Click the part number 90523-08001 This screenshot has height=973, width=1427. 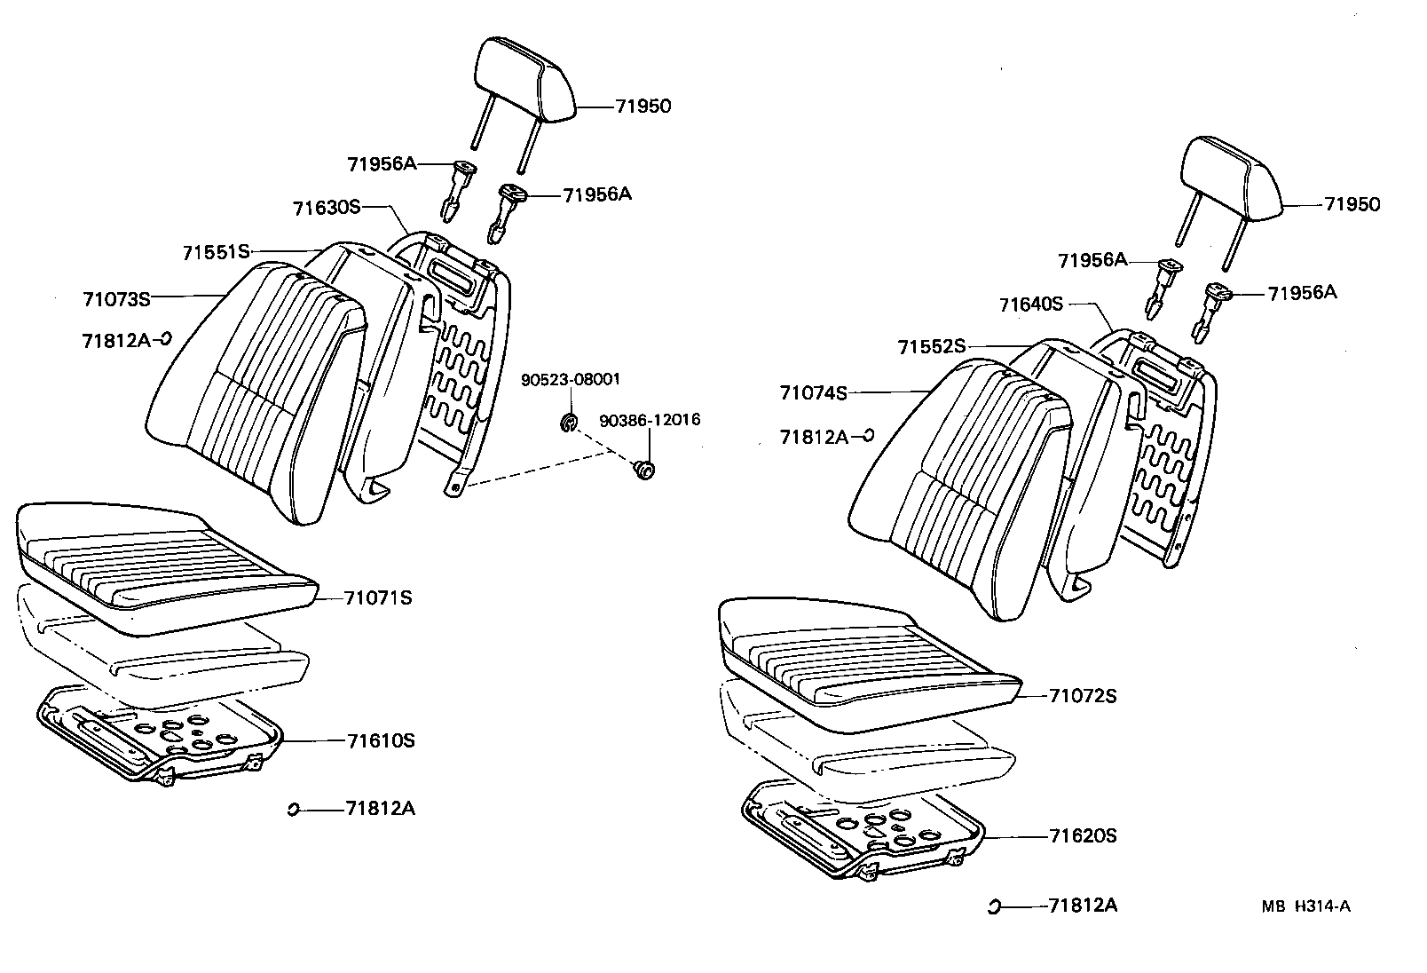coord(570,379)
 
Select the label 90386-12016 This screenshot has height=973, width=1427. coord(650,419)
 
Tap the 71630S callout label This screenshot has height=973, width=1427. coord(327,208)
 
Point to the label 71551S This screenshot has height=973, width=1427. coord(217,252)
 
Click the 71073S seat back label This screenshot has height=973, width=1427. coord(116,299)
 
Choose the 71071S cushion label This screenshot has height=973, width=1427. coord(379,597)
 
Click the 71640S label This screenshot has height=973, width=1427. coord(1030,305)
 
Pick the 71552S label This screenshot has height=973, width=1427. coord(930,347)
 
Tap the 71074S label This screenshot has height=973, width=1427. coord(813,392)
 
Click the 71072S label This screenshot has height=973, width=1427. coord(1083,695)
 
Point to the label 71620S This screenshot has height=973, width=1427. coord(1083,835)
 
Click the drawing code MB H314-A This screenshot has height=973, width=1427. coord(1306,906)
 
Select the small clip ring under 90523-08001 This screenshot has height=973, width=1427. coord(569,422)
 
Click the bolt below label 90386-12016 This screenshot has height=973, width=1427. coord(645,470)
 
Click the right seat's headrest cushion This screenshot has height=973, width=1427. coord(1234,178)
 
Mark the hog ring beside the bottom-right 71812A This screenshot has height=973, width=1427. coord(995,906)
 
